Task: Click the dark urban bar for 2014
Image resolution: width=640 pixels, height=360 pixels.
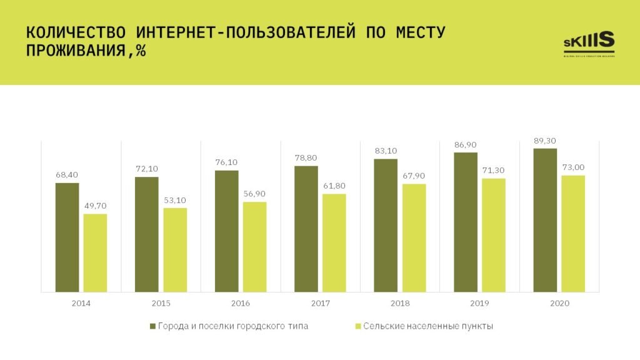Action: pyautogui.click(x=67, y=237)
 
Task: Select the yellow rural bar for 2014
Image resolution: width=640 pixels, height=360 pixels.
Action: pyautogui.click(x=95, y=252)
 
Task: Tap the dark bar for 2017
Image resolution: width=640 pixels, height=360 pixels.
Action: pyautogui.click(x=306, y=229)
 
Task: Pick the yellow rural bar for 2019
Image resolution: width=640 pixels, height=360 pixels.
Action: pyautogui.click(x=494, y=235)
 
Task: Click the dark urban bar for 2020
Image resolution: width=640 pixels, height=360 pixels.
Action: pyautogui.click(x=545, y=220)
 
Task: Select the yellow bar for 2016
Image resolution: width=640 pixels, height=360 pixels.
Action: pyautogui.click(x=254, y=247)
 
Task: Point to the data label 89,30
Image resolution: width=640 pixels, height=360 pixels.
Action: pyautogui.click(x=545, y=141)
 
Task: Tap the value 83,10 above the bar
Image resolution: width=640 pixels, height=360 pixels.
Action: pyautogui.click(x=386, y=151)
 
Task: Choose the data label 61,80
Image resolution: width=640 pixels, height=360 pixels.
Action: pyautogui.click(x=334, y=186)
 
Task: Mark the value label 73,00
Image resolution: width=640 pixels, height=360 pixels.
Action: pyautogui.click(x=573, y=167)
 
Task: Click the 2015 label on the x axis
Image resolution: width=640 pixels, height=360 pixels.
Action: pyautogui.click(x=161, y=303)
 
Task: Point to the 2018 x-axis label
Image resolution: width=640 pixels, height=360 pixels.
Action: pyautogui.click(x=399, y=303)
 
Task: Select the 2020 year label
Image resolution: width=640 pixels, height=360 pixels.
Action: pyautogui.click(x=559, y=303)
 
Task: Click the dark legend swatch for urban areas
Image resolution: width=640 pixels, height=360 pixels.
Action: pyautogui.click(x=151, y=326)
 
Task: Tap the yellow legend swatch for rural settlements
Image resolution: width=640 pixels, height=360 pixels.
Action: pyautogui.click(x=357, y=326)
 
